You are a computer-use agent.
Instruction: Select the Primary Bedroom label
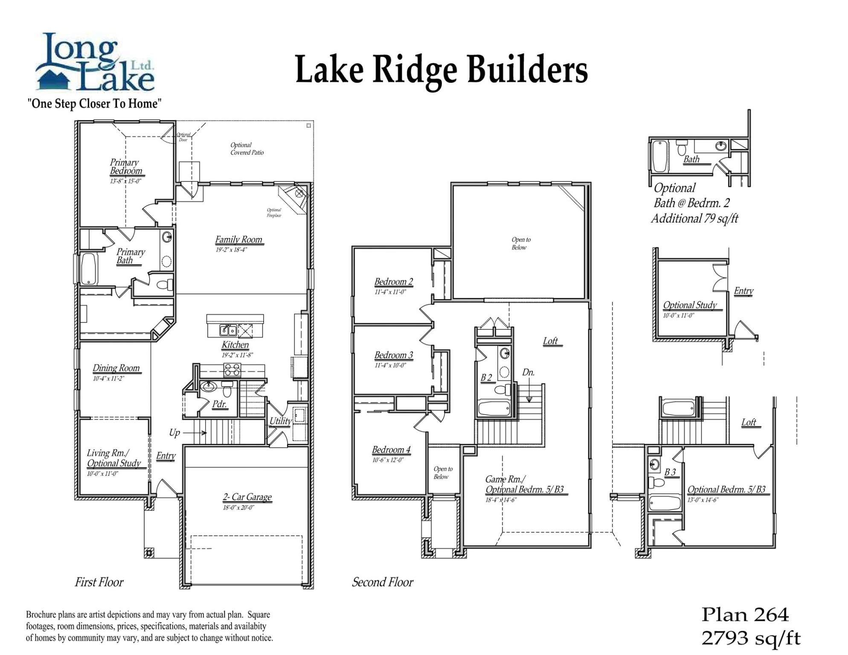125,167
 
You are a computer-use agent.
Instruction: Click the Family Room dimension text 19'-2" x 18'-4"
231,250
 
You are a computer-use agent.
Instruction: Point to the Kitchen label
235,345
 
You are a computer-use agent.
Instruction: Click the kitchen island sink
228,330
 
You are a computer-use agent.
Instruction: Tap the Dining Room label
116,368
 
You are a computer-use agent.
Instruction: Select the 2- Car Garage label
247,497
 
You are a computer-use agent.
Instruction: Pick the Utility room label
280,421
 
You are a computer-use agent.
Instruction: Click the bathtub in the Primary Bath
89,269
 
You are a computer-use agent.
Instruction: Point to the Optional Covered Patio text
247,149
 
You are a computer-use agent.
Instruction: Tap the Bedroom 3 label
393,355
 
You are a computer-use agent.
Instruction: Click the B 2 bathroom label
486,377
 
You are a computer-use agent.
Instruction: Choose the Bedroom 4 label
391,450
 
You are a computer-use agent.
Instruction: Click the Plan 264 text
745,615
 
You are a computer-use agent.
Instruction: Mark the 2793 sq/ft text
751,638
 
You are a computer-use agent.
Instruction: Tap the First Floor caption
99,582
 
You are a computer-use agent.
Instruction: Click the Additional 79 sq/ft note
694,219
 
